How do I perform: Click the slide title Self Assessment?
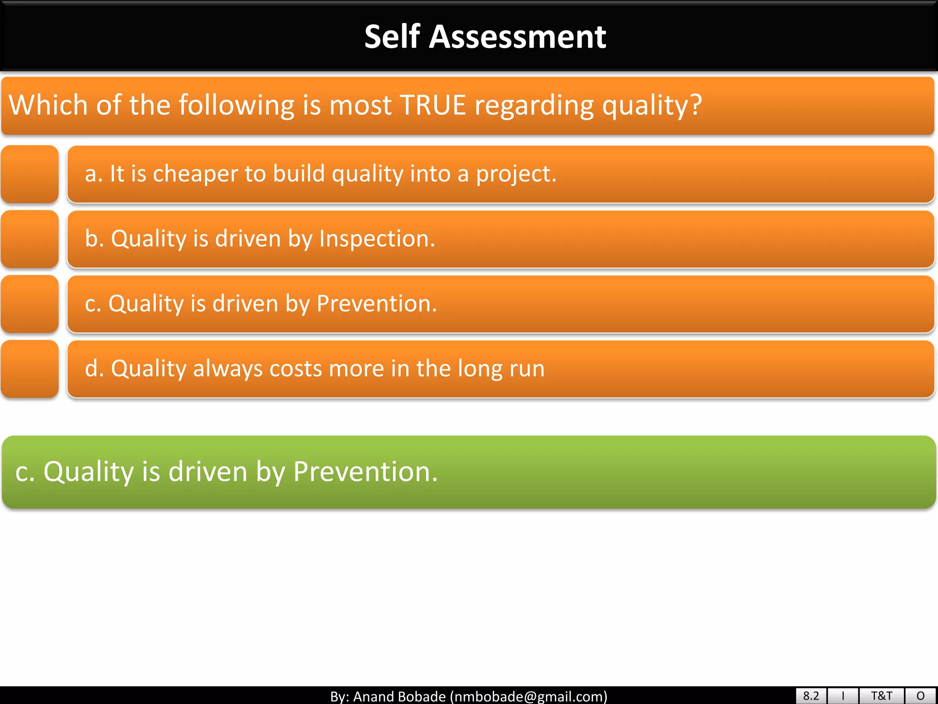[x=485, y=37]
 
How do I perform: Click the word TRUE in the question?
[x=432, y=105]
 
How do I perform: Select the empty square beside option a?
[x=30, y=174]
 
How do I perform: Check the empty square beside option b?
[x=30, y=239]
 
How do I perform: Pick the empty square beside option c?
[x=30, y=304]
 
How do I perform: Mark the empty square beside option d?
[x=30, y=369]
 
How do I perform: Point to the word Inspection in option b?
[x=376, y=239]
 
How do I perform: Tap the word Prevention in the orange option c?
[x=376, y=304]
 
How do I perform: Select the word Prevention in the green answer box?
[x=365, y=472]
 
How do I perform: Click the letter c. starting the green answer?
[x=25, y=472]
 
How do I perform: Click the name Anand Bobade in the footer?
[x=399, y=697]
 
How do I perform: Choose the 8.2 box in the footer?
[x=811, y=696]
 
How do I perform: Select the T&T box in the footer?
[x=881, y=696]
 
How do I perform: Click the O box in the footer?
[x=921, y=696]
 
